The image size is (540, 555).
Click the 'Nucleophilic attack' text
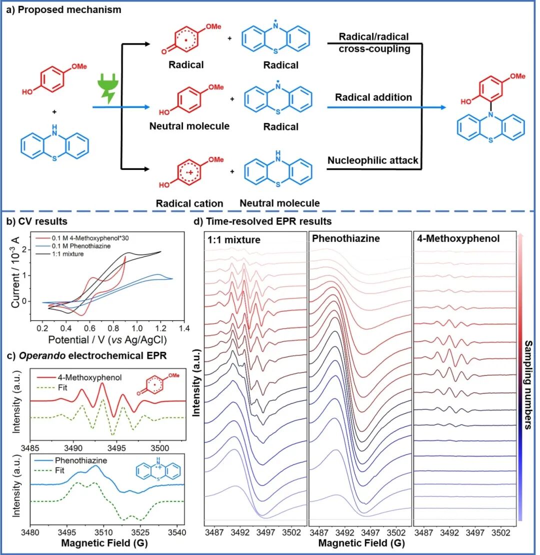point(373,160)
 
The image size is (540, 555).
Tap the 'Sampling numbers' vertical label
point(528,385)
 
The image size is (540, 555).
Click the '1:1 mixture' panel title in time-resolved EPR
point(234,239)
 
